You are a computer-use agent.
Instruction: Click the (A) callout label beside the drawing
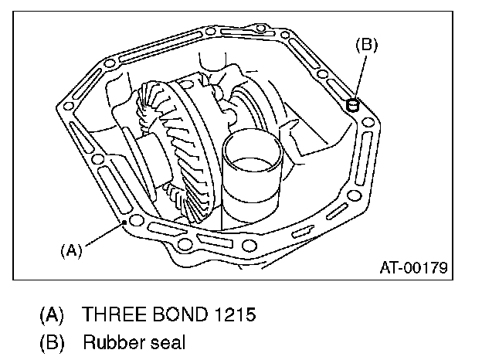(70, 250)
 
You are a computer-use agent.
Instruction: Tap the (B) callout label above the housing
(365, 45)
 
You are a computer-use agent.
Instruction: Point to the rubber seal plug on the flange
(354, 104)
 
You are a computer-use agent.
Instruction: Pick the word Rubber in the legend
(110, 341)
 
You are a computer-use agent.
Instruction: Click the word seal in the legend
(168, 341)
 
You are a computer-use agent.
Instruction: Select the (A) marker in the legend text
(52, 315)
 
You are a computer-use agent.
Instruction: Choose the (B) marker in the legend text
(52, 341)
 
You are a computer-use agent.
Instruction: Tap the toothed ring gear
(185, 147)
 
